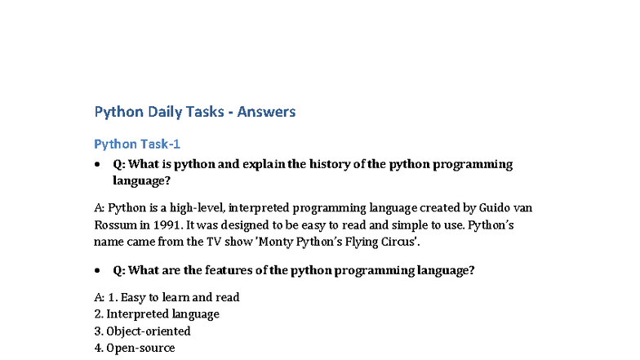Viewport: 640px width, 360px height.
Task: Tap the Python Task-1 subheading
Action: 136,144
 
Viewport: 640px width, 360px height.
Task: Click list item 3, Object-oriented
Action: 142,331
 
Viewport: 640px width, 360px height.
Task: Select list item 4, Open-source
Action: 134,349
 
